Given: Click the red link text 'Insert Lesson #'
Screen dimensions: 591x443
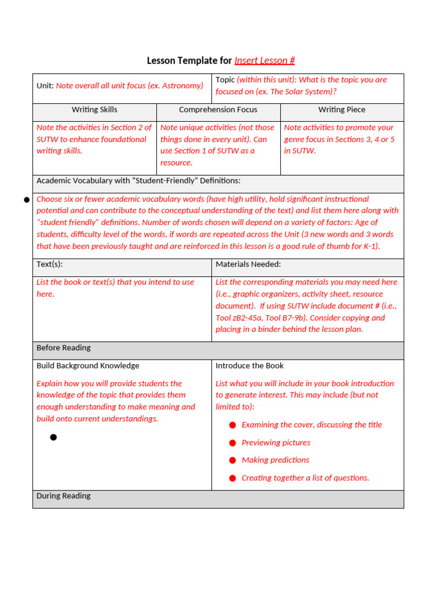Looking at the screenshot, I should click(x=264, y=61).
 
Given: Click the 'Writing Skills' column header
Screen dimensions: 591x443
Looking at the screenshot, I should click(x=94, y=110).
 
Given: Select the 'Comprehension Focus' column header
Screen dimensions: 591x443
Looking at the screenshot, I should click(x=218, y=110).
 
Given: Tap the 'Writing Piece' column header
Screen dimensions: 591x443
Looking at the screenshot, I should click(x=341, y=110).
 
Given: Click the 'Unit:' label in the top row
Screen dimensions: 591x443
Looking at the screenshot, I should click(x=45, y=85).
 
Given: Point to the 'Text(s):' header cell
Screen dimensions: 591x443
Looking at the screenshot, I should click(x=50, y=264).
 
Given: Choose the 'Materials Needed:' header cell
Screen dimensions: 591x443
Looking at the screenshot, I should click(x=248, y=264).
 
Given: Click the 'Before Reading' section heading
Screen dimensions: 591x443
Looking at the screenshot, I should click(x=63, y=348).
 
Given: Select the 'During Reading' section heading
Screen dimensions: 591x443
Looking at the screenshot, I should click(x=63, y=496).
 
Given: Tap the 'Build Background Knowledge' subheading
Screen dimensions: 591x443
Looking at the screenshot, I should click(x=88, y=366).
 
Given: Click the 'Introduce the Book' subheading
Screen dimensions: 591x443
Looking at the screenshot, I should click(x=249, y=366).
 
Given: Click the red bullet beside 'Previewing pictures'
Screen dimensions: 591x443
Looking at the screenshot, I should click(x=232, y=443).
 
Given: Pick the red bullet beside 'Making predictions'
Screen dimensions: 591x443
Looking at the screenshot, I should click(x=232, y=460).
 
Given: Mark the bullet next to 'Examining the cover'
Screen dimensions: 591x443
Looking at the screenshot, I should click(x=232, y=425).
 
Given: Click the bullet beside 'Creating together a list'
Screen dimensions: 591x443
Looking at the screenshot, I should click(x=232, y=478).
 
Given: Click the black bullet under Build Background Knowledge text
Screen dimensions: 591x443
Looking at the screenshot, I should click(x=54, y=437).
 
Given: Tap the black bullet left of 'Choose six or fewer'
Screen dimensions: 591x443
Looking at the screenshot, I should click(x=27, y=200).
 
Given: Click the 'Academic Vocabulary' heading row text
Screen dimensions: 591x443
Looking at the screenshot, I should click(x=138, y=181).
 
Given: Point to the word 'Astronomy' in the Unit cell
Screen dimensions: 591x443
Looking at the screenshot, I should click(x=182, y=85).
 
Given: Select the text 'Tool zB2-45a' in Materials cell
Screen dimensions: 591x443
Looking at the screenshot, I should click(x=238, y=318).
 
